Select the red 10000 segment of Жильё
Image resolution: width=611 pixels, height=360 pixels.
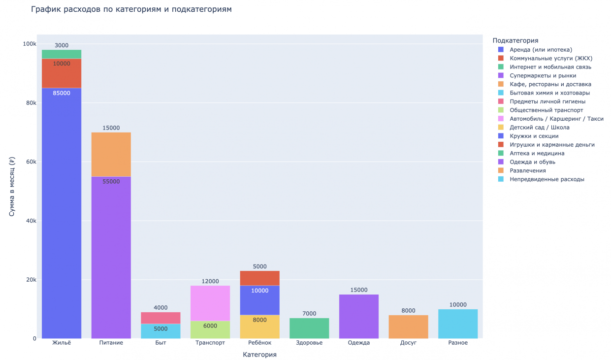click(x=62, y=73)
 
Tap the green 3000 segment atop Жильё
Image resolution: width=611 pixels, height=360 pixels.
click(x=62, y=54)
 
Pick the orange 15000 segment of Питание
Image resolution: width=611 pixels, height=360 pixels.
click(x=111, y=154)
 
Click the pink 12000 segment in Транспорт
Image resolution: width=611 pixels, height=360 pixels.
click(x=210, y=303)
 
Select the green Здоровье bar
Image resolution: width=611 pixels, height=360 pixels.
click(x=309, y=328)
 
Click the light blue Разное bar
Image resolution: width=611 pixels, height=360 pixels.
click(x=458, y=324)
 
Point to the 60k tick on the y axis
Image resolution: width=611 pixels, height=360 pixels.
click(x=30, y=162)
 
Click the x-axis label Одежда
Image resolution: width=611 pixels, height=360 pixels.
click(x=358, y=343)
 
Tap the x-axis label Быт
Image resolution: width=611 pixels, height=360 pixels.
click(x=161, y=343)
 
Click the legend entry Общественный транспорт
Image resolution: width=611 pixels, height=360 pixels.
click(x=547, y=110)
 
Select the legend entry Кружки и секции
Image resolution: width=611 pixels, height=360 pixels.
click(x=534, y=136)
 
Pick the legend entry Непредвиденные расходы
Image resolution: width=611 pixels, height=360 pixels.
click(x=547, y=179)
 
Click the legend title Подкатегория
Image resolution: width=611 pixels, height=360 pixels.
click(x=515, y=40)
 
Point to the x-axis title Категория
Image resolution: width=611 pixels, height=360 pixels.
click(x=259, y=355)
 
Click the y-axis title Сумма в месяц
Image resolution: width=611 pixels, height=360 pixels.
click(x=12, y=187)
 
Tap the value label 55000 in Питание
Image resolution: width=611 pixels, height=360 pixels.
click(x=111, y=182)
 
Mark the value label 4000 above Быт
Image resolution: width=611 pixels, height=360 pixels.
click(x=161, y=308)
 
